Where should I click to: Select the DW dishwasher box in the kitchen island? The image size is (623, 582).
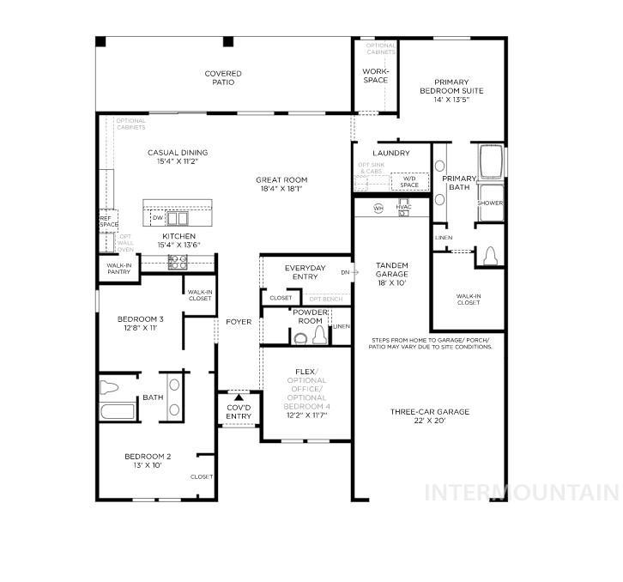tap(157, 218)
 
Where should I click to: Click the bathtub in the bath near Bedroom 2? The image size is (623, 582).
tap(118, 411)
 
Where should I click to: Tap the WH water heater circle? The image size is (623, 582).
tap(378, 209)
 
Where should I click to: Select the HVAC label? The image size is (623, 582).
tap(404, 209)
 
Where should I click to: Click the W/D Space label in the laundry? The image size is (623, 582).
tap(409, 181)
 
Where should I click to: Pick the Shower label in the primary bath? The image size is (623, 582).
tap(490, 203)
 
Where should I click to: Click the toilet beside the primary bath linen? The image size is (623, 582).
tap(489, 256)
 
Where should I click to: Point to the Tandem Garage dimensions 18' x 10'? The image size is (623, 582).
tap(390, 282)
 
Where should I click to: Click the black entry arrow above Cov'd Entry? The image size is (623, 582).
tap(239, 397)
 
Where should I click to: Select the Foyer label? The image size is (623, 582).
tap(239, 322)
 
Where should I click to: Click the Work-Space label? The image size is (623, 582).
tap(375, 76)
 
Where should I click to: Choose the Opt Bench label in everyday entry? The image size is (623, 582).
tap(325, 299)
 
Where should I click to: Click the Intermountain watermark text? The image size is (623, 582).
tap(523, 493)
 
